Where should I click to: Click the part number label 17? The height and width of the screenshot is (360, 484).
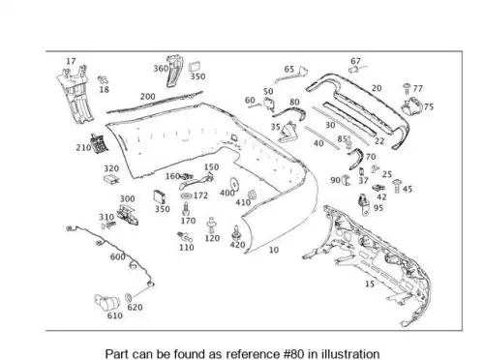coord(71,61)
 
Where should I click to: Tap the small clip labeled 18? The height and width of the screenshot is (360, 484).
coord(103,79)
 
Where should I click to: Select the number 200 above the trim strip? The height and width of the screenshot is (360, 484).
coord(147,97)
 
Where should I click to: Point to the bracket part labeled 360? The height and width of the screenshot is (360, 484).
coord(174,72)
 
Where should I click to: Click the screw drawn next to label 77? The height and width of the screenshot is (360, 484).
coord(407,88)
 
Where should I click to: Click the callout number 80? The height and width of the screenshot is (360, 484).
coord(294,102)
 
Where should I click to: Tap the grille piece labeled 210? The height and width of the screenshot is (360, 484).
coord(99,143)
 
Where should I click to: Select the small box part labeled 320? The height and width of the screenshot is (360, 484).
coord(111,178)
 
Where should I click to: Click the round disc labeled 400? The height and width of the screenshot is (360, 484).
coord(234,185)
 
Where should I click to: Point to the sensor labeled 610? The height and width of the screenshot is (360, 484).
coord(106,302)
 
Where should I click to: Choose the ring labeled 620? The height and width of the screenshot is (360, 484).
coord(128,297)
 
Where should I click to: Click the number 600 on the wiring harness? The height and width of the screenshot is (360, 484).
coord(118,256)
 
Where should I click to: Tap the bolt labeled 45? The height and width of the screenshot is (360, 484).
coord(397,186)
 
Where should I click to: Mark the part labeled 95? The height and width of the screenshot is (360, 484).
coord(365,205)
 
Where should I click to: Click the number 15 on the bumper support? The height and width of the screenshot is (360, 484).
coord(370,284)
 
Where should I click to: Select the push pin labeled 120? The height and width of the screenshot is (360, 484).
coord(211,225)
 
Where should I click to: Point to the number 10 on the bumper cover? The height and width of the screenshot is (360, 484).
coord(274,250)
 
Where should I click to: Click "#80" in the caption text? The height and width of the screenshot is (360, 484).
coord(293,353)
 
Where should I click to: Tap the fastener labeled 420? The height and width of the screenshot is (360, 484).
coord(236,233)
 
